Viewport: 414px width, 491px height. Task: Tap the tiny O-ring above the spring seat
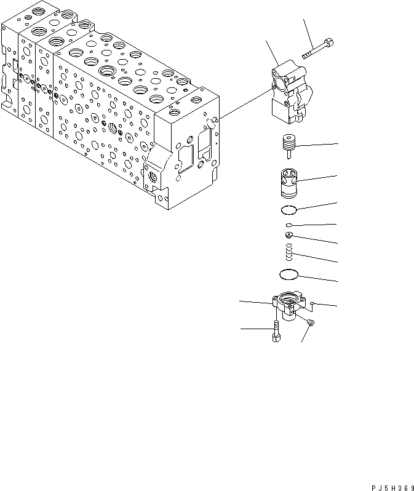[x=289, y=226]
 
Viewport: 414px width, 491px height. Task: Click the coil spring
[x=289, y=250]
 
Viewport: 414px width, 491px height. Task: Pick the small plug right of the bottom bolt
[x=311, y=322]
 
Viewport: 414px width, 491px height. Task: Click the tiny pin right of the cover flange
[x=313, y=303]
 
